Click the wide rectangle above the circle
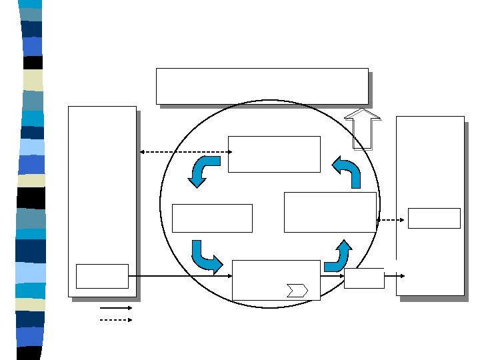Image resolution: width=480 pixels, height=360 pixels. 262,86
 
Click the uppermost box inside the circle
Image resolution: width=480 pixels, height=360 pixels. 274,154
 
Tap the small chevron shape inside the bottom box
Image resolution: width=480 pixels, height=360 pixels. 297,291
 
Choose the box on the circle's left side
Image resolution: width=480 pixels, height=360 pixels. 212,218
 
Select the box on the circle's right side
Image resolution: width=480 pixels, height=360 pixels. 330,212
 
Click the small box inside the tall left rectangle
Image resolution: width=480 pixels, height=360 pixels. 102,276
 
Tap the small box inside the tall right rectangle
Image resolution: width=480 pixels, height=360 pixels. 434,218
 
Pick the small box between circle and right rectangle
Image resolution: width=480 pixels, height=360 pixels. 364,278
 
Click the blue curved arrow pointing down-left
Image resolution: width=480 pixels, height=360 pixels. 203,171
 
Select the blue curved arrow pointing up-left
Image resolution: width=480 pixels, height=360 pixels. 347,171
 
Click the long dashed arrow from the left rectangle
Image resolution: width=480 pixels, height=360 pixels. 185,152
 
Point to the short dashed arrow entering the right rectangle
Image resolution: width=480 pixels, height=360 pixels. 391,219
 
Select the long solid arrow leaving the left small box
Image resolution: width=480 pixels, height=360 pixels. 180,275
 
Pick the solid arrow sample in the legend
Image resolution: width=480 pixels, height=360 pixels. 116,308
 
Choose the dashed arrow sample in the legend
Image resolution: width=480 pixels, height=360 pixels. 116,320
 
